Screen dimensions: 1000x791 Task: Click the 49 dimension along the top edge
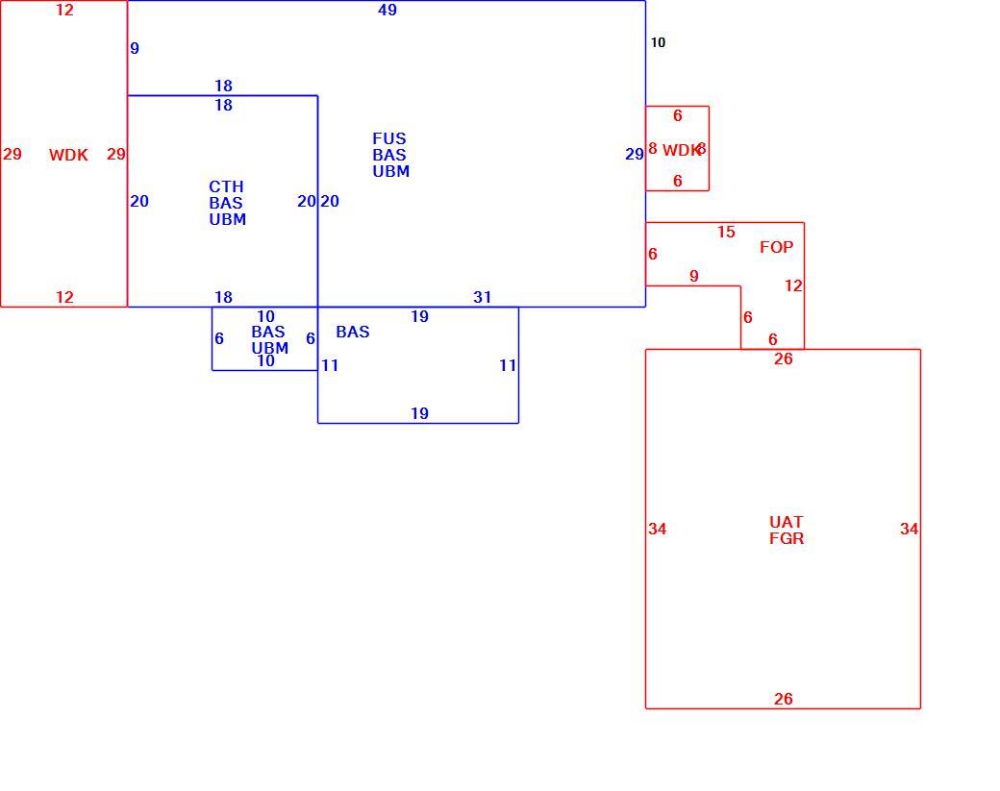(x=387, y=10)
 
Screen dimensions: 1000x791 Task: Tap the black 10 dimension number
(x=658, y=42)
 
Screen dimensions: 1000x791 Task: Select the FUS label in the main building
(x=389, y=138)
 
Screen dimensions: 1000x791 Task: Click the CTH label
(x=226, y=186)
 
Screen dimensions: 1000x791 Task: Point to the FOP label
(x=776, y=247)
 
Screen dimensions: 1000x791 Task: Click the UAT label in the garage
(x=786, y=522)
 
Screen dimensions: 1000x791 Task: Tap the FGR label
(x=787, y=538)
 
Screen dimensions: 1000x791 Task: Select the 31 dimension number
(x=482, y=297)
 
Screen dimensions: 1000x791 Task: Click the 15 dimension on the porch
(x=726, y=232)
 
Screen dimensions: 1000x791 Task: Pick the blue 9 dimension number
(x=135, y=48)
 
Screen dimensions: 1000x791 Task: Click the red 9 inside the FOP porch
(x=694, y=276)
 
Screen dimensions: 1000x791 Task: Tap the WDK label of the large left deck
(x=68, y=155)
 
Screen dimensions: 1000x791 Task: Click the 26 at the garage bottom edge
(x=783, y=700)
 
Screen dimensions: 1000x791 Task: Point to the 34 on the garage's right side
(x=909, y=529)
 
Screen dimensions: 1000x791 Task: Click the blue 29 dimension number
(x=634, y=154)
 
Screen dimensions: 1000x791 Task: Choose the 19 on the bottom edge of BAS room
(x=419, y=413)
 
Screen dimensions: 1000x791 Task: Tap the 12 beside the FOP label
(x=793, y=286)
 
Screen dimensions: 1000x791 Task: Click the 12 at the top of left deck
(x=64, y=10)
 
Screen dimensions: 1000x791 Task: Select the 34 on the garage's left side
(x=657, y=529)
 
